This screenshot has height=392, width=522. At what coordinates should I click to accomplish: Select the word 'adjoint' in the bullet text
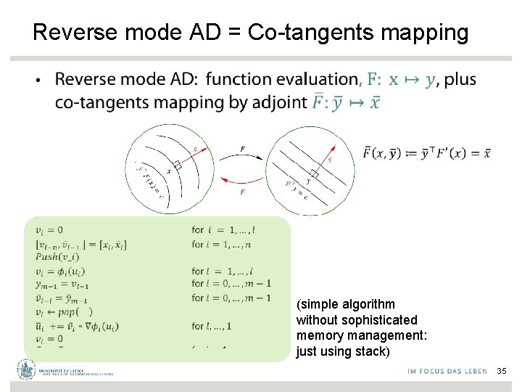(278, 102)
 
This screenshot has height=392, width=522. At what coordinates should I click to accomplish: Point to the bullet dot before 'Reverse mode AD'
(38, 80)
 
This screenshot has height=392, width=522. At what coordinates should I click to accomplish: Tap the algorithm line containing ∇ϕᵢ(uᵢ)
(77, 325)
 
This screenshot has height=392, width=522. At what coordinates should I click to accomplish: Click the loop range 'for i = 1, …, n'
(227, 244)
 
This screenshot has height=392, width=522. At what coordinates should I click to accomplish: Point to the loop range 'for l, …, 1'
(217, 325)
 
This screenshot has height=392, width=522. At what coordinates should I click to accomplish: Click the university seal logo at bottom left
(27, 370)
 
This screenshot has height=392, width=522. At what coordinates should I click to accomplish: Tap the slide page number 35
(502, 372)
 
